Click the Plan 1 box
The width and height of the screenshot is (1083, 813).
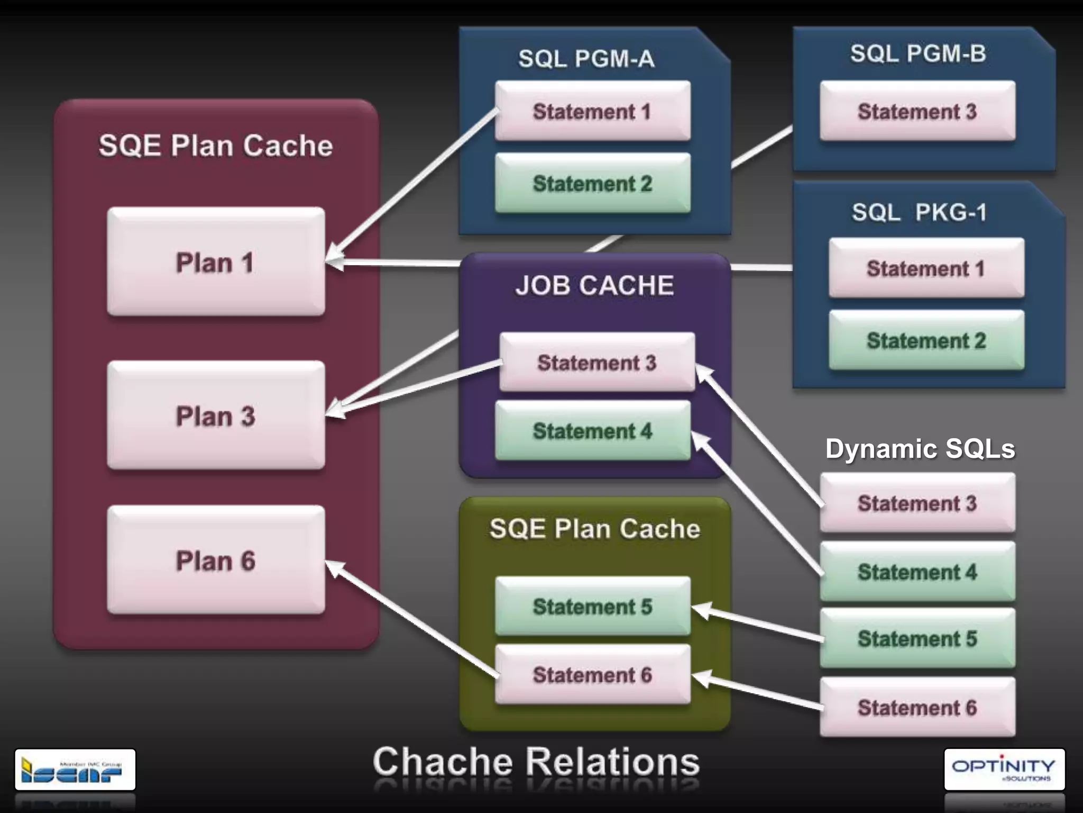(216, 262)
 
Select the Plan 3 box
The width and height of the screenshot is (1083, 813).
(216, 415)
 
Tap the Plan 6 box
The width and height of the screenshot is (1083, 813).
(216, 560)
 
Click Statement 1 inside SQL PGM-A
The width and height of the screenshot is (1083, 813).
(592, 111)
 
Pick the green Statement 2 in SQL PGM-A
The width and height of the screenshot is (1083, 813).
(592, 184)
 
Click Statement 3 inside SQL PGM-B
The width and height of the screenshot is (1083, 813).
(917, 111)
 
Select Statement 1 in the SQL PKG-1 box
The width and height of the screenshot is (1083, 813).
(926, 268)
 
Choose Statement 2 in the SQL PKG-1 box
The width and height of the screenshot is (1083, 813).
(926, 340)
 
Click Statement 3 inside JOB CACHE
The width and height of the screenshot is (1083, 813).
(597, 363)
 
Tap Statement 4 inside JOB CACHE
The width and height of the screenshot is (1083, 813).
(592, 431)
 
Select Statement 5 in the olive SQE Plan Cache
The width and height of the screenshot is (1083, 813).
(592, 607)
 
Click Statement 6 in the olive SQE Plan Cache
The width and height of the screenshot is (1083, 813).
(592, 675)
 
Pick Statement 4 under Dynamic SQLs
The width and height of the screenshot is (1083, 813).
(917, 572)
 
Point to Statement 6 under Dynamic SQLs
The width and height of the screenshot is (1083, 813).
(917, 708)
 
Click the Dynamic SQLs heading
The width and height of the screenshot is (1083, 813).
(920, 449)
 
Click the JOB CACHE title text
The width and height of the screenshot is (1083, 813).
(595, 286)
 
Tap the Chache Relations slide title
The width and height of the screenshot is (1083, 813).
(536, 762)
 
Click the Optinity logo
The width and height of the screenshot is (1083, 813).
(1004, 769)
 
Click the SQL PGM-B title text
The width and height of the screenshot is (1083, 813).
(918, 53)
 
